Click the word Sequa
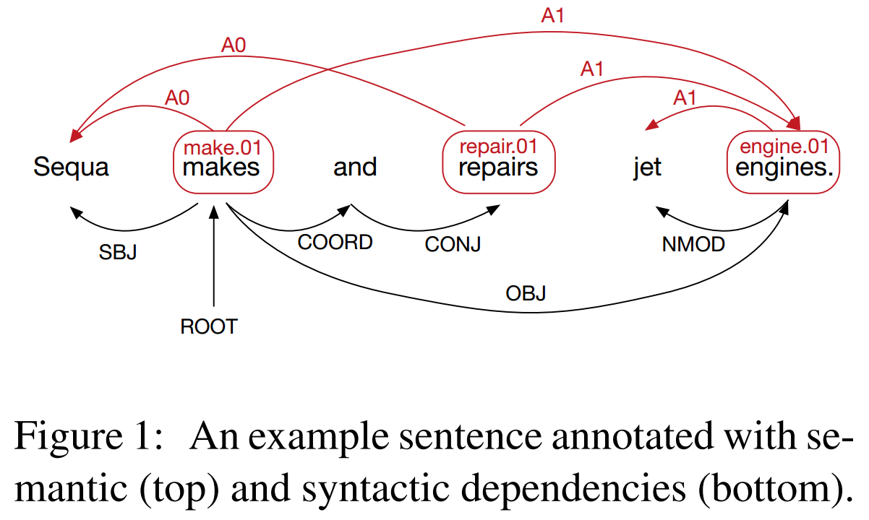click(71, 168)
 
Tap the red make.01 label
click(222, 149)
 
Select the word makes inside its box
click(221, 168)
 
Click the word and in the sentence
click(355, 168)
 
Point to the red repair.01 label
click(499, 147)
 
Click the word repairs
click(499, 168)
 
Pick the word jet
click(647, 168)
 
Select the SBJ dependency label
click(117, 253)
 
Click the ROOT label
click(209, 327)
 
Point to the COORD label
click(335, 242)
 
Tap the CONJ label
click(453, 245)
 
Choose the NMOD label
click(693, 245)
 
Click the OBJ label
click(526, 294)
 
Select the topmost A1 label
click(552, 16)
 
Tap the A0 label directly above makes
click(177, 97)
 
